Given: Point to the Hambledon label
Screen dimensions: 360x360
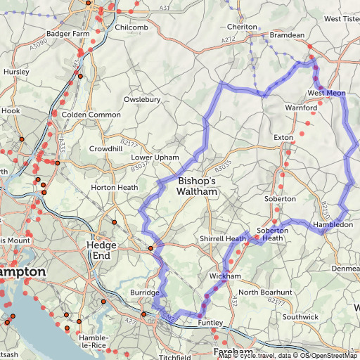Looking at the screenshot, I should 333,224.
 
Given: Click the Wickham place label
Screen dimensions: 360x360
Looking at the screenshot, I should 225,276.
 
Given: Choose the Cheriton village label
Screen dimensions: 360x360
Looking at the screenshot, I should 243,27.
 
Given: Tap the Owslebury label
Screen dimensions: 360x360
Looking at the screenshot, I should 143,99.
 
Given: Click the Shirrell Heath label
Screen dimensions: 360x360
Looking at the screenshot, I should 222,239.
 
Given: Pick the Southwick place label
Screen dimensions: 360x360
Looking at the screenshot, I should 300,317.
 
